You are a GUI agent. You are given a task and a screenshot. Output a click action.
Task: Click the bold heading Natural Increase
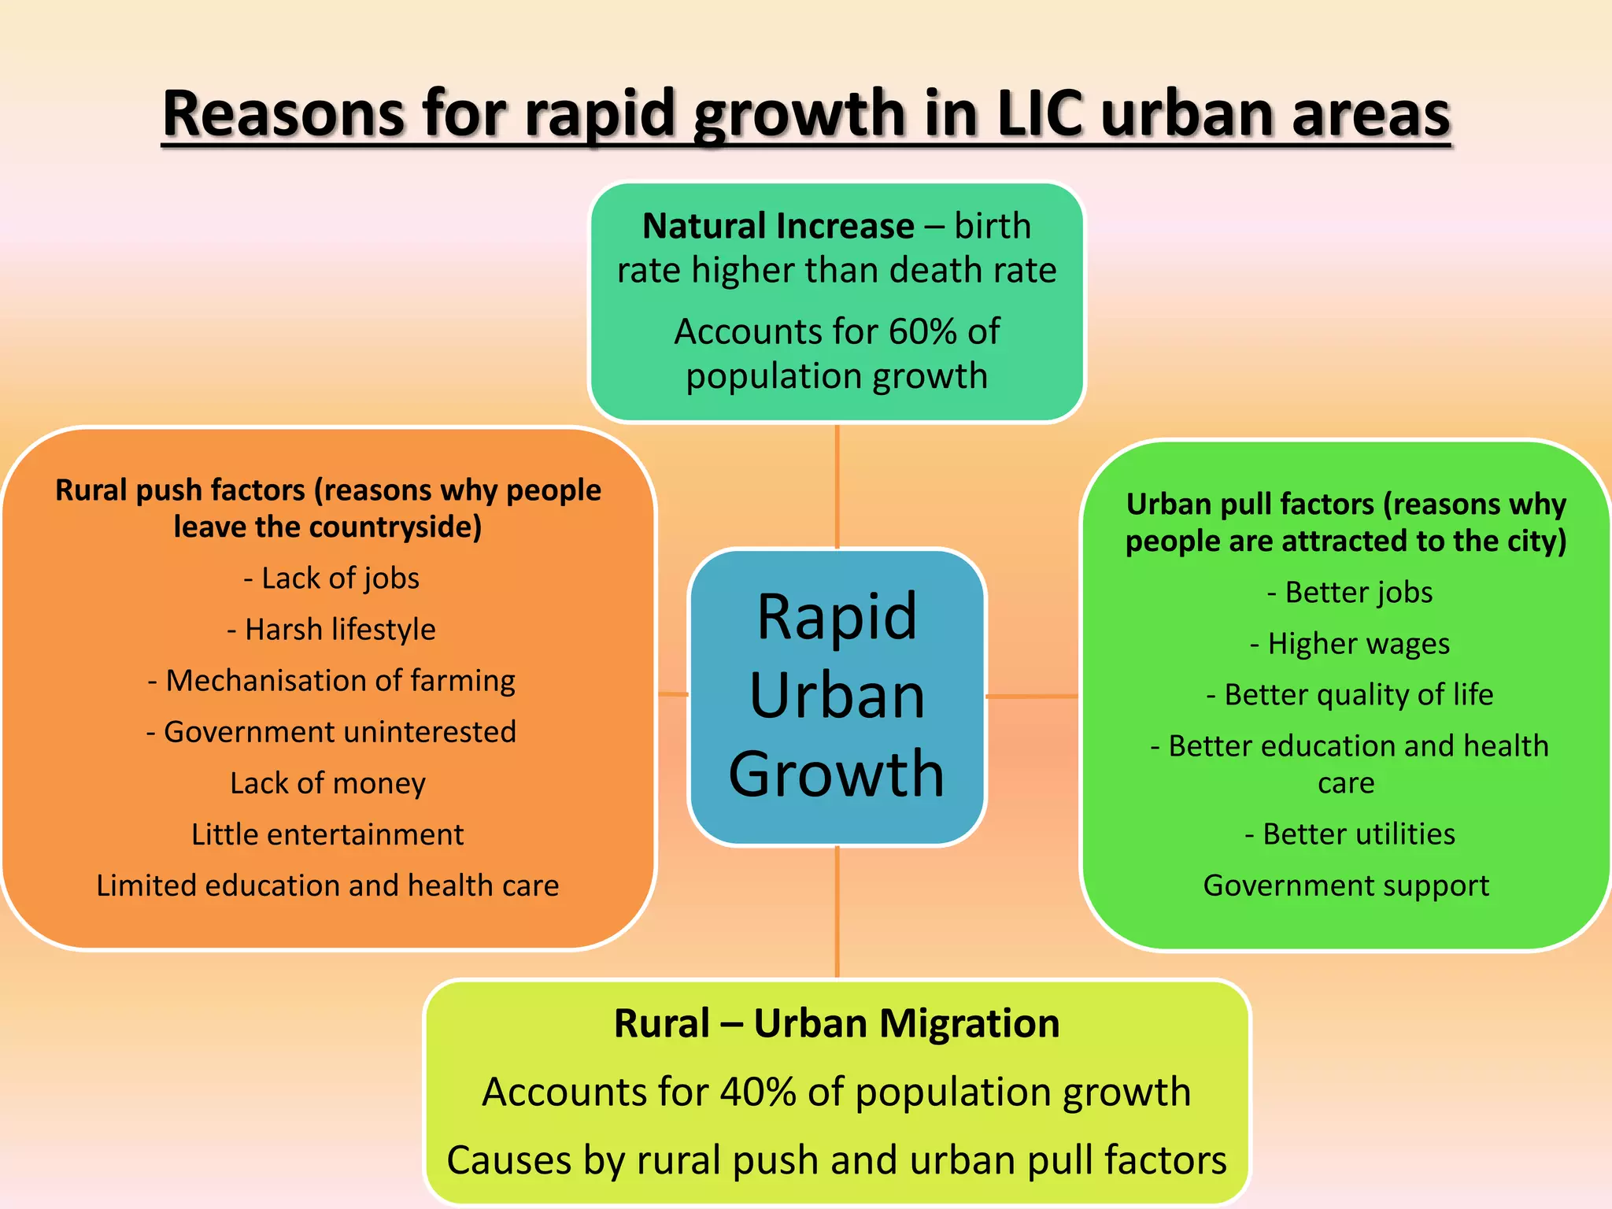(778, 226)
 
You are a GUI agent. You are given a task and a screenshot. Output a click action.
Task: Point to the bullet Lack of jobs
(331, 578)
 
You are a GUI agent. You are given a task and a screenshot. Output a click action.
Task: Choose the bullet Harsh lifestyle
(331, 629)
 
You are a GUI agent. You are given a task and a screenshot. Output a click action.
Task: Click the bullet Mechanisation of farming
(331, 680)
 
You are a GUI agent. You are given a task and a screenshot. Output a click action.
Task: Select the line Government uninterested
(331, 731)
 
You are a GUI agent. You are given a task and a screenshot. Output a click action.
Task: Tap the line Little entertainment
(327, 834)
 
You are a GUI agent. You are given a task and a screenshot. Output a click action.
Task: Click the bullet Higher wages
(1350, 643)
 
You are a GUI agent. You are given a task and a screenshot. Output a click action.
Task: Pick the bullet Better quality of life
(1350, 694)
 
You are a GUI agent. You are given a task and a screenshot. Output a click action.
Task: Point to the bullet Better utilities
(1350, 834)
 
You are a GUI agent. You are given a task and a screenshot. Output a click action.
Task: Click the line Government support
(1346, 885)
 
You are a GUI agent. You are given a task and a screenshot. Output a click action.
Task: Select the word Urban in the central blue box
(837, 696)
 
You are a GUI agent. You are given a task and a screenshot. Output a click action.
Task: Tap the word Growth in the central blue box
(837, 774)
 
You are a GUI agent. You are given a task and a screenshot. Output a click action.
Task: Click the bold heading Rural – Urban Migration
(837, 1023)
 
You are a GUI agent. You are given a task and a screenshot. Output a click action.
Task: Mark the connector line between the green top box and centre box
(837, 486)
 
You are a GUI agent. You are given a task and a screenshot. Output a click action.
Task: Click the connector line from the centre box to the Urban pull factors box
(1032, 696)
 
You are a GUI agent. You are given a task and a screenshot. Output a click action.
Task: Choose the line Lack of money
(327, 782)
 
